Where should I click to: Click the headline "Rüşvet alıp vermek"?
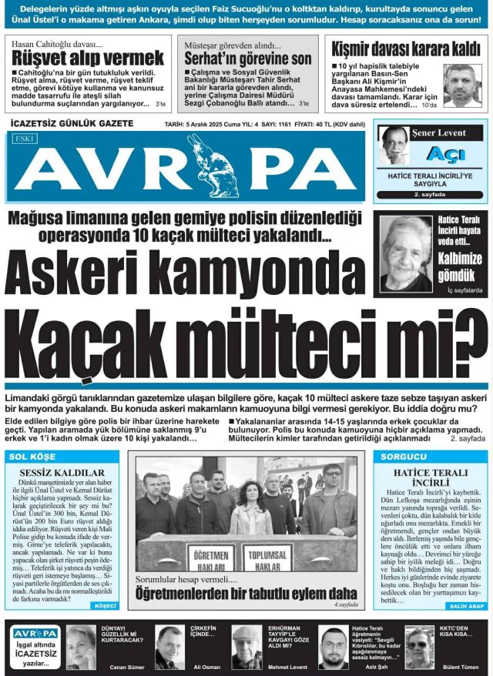[87, 58]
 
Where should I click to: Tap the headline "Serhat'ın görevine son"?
[247, 59]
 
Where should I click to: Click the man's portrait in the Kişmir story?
[462, 85]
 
